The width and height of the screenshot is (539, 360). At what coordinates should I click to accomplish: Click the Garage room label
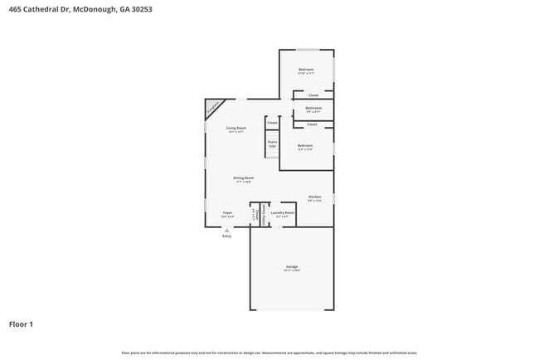tap(292, 266)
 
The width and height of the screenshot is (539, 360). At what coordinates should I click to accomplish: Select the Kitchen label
tap(314, 197)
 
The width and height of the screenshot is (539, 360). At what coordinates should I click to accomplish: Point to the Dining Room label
tap(243, 178)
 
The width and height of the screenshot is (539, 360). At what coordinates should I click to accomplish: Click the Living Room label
tap(236, 128)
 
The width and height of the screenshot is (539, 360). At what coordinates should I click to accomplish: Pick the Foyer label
tap(227, 213)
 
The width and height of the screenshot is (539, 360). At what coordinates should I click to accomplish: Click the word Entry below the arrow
tap(227, 237)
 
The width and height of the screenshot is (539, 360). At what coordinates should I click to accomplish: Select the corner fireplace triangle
tap(213, 107)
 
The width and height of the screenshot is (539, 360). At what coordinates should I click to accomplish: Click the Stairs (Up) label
tap(271, 144)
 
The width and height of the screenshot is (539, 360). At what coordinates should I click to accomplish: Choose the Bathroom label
tap(313, 108)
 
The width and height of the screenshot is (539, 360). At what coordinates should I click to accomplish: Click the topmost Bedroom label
tap(306, 70)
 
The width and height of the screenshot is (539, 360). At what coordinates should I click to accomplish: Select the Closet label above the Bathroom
tap(313, 95)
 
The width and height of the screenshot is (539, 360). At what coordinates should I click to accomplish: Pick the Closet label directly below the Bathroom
tap(312, 124)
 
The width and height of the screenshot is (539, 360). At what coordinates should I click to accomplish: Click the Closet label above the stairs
tap(272, 123)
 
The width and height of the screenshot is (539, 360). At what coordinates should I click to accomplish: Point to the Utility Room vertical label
tap(264, 213)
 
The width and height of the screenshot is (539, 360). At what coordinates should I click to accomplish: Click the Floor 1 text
tap(21, 324)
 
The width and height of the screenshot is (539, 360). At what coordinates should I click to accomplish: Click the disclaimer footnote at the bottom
tap(269, 353)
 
